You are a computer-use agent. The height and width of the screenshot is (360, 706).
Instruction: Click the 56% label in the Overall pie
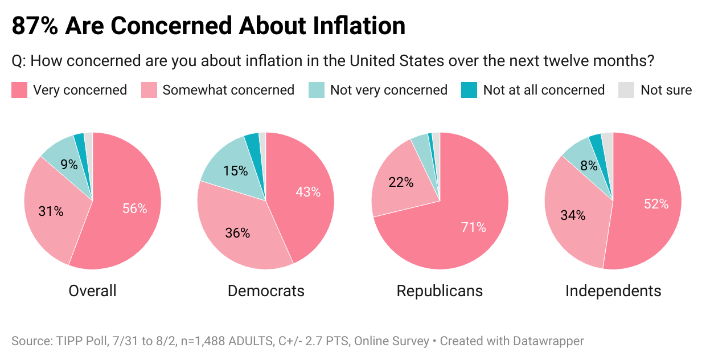(135, 208)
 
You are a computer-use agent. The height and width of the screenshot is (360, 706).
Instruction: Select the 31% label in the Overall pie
(51, 211)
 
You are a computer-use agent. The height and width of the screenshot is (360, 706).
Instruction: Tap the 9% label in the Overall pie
(69, 165)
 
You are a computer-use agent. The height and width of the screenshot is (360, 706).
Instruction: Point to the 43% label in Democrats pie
(308, 192)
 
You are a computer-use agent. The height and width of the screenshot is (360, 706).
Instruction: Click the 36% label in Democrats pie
(237, 232)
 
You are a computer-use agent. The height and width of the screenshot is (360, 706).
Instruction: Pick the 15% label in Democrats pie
(236, 170)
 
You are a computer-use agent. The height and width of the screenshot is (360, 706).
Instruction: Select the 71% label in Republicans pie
(474, 227)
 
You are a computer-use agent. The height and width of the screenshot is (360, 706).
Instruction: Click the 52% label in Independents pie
(656, 203)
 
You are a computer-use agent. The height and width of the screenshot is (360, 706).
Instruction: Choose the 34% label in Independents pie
(573, 215)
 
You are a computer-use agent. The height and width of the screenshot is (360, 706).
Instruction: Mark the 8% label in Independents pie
(589, 166)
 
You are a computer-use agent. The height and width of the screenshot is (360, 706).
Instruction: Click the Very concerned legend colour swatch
(19, 90)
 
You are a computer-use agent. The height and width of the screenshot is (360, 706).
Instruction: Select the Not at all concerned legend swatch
(469, 90)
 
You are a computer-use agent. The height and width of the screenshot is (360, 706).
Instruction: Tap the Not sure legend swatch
(626, 90)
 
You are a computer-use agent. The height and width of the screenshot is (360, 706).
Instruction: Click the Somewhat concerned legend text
(228, 90)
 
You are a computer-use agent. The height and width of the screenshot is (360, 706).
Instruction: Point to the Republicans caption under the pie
(440, 291)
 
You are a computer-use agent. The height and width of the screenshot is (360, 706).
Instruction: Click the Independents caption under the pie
(613, 291)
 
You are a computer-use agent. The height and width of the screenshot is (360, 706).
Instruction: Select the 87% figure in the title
(35, 26)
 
